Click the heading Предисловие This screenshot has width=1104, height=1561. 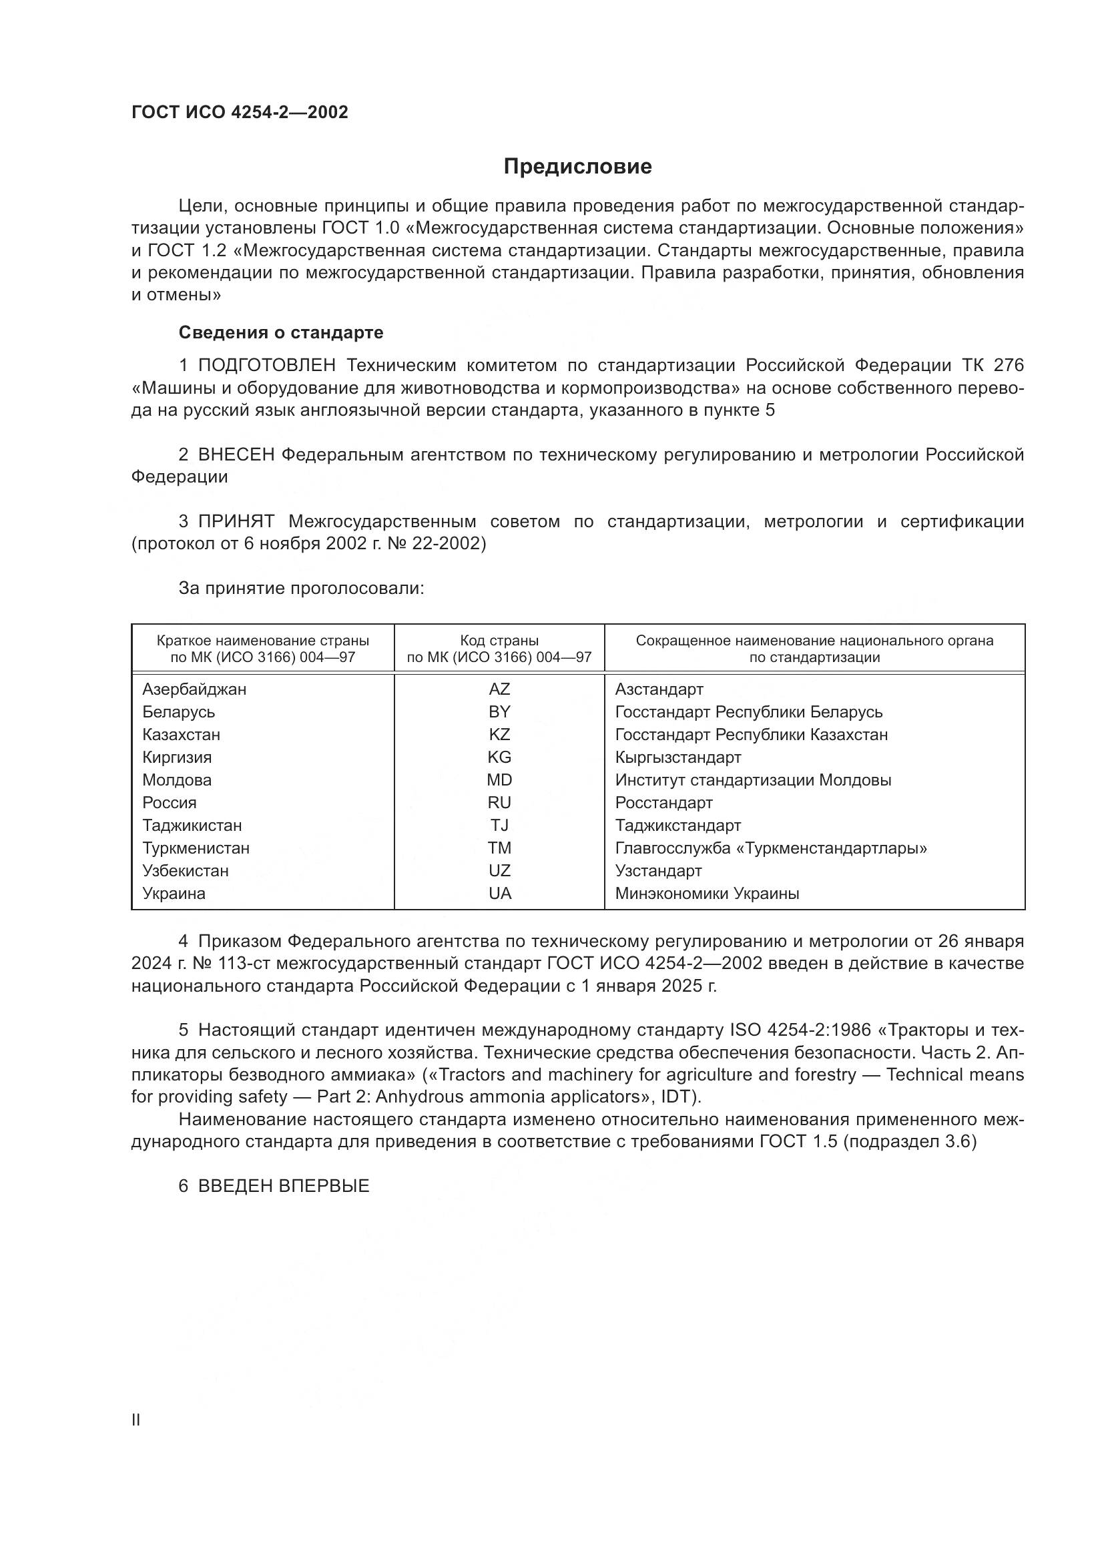(577, 167)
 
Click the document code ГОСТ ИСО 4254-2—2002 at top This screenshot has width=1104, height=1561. (240, 113)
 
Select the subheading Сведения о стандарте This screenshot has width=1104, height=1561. (281, 332)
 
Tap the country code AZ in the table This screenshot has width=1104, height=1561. (499, 689)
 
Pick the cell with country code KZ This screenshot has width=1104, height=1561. (499, 735)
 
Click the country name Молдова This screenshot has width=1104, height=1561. (177, 781)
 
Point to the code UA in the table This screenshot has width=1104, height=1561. (500, 894)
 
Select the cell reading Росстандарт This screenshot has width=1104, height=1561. (663, 803)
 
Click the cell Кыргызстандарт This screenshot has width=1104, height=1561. (677, 757)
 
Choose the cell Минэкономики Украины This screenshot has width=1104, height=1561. (707, 894)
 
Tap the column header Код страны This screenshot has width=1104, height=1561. (499, 641)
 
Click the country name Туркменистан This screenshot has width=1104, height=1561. (196, 848)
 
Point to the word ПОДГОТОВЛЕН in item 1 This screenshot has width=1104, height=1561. (266, 366)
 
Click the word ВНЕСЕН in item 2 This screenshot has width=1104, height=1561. (236, 455)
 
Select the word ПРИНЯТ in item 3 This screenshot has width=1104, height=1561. (236, 522)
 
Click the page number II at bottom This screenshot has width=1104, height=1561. (136, 1420)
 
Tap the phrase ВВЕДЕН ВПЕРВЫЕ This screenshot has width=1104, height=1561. (284, 1187)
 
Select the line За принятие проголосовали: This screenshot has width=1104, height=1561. (301, 588)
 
